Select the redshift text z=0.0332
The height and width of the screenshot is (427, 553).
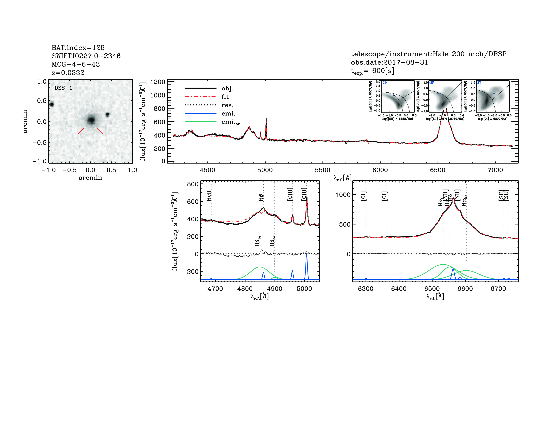[x=68, y=73]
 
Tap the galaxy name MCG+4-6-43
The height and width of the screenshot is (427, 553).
[x=76, y=64]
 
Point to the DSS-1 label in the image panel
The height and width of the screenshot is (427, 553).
[x=63, y=88]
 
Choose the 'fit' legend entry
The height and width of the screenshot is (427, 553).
[x=225, y=97]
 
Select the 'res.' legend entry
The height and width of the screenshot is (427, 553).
[x=227, y=105]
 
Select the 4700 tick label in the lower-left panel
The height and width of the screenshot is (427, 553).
[x=215, y=289]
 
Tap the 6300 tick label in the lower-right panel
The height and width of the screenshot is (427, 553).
[x=366, y=289]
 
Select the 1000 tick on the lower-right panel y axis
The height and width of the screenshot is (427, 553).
[x=343, y=195]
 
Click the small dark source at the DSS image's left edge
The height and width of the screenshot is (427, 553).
[x=52, y=104]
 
